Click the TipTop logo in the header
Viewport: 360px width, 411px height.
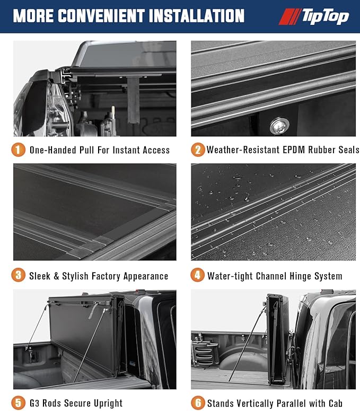tap(314, 16)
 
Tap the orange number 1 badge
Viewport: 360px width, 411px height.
tap(19, 150)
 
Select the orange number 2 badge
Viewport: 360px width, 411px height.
tap(197, 150)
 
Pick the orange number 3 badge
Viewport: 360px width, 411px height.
tap(19, 275)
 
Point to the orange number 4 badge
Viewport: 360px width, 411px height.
tap(197, 275)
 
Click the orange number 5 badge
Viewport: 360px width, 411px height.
tap(19, 403)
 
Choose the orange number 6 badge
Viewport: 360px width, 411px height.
tap(197, 403)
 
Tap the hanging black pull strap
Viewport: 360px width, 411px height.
tap(134, 99)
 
